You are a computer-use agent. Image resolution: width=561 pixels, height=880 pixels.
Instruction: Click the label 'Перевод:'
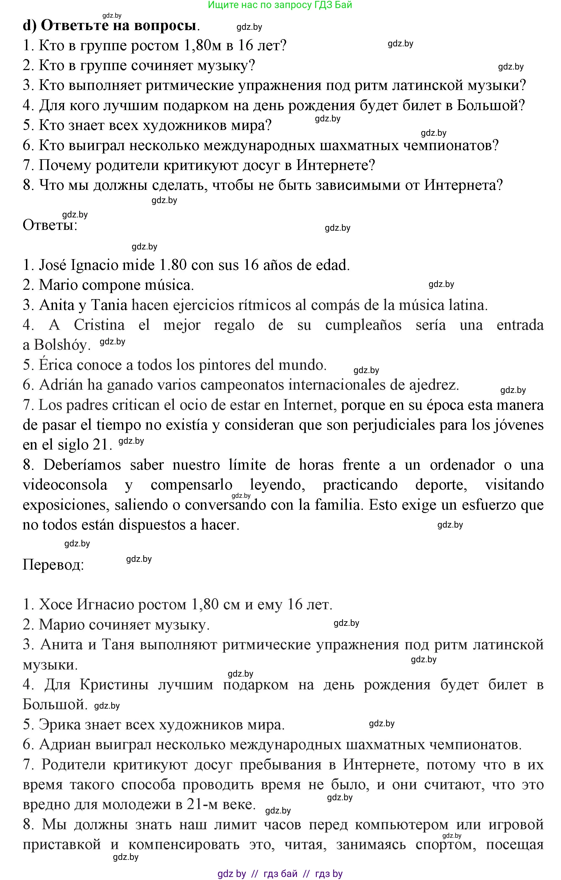click(x=53, y=565)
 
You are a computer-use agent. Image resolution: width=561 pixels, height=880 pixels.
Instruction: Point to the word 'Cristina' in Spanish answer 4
click(x=99, y=325)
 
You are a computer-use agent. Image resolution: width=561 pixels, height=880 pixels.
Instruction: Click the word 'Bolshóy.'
click(x=62, y=345)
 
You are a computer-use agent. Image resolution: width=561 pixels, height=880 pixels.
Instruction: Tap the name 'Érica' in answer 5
click(x=55, y=365)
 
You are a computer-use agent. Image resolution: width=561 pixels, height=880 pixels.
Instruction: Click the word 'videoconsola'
click(x=65, y=485)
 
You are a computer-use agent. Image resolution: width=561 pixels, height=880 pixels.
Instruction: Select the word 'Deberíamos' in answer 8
click(x=82, y=465)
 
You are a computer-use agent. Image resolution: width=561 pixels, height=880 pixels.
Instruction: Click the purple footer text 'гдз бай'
click(x=280, y=873)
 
